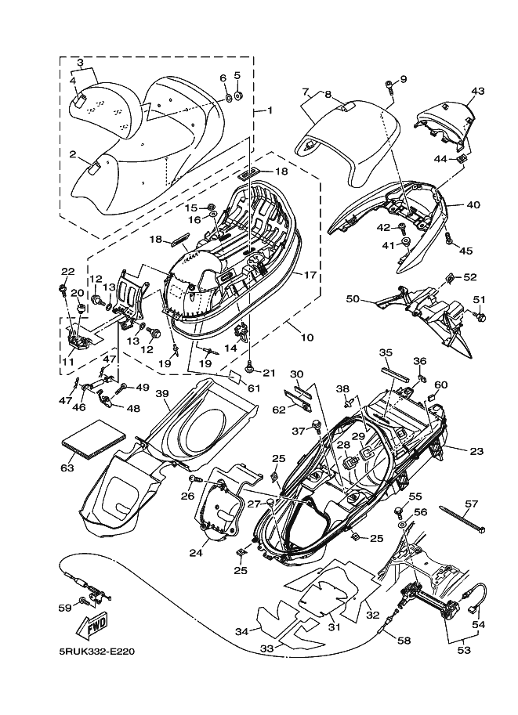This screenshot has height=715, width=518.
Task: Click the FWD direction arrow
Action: click(93, 624)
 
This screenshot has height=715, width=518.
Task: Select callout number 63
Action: click(67, 468)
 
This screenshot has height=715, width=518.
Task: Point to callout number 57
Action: click(472, 504)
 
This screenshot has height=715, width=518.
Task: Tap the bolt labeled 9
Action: click(389, 86)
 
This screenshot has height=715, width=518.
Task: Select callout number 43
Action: click(478, 91)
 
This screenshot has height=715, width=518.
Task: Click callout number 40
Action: click(474, 205)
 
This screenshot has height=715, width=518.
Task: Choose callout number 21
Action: click(270, 373)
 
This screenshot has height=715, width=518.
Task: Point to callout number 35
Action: click(386, 352)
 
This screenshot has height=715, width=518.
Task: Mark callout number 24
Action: click(196, 553)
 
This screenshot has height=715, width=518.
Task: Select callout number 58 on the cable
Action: click(404, 641)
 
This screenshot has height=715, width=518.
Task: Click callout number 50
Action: click(353, 299)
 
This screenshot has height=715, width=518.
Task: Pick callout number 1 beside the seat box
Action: click(270, 110)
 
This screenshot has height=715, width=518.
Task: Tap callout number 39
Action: click(162, 393)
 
